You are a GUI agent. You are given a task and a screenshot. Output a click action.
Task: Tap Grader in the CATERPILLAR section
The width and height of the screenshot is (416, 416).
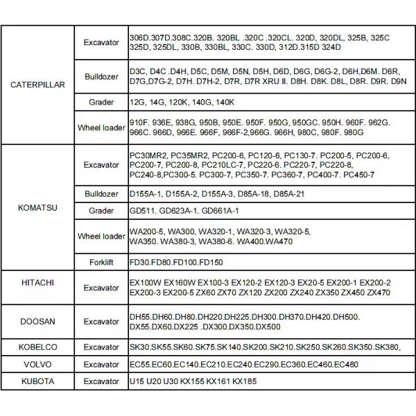click(102, 102)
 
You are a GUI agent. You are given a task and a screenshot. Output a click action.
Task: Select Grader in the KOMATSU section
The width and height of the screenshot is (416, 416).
click(102, 210)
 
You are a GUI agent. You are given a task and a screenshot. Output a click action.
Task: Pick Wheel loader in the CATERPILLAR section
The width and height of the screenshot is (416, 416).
click(101, 128)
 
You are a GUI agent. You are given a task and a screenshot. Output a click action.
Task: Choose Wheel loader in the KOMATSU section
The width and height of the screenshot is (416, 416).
click(101, 236)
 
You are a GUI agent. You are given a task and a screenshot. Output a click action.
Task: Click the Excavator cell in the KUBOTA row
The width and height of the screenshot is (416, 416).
click(101, 381)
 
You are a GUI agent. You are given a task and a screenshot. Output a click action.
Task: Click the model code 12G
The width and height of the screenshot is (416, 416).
click(137, 102)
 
